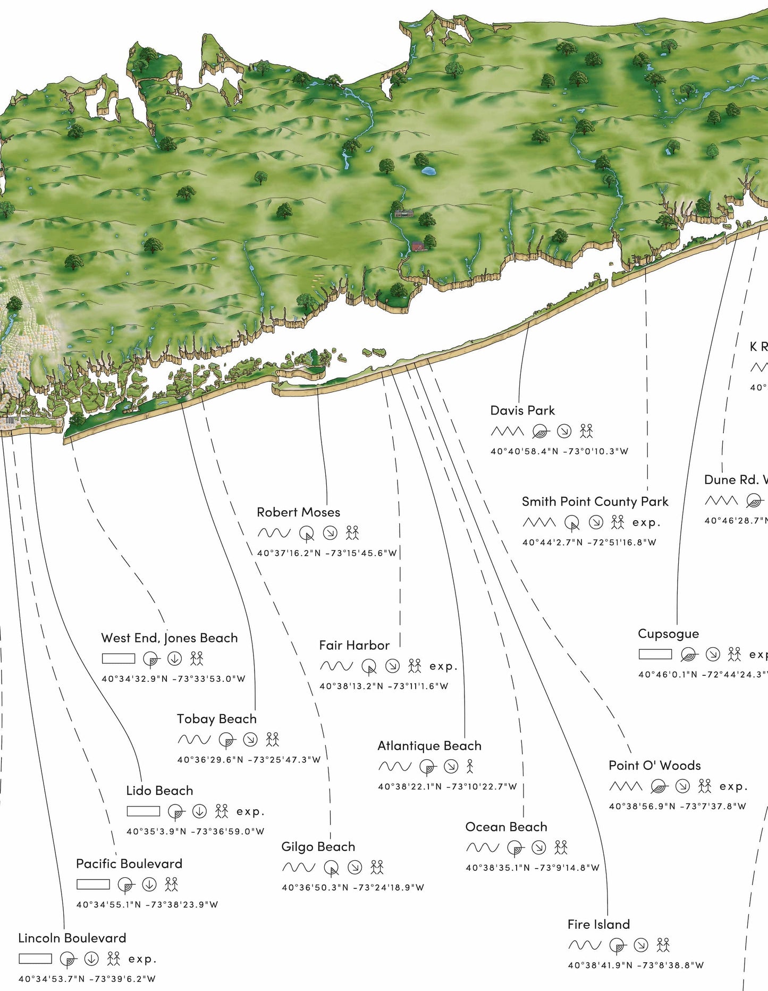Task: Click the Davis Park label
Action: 522,411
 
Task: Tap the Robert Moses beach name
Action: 298,512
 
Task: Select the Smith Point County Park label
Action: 595,502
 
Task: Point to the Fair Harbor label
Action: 354,645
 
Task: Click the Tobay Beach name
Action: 216,719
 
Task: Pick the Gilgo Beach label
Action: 318,846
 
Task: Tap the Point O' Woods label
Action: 654,765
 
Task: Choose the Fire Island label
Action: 598,924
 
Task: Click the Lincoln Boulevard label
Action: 72,938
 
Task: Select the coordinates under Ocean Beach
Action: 532,868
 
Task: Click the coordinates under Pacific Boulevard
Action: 147,904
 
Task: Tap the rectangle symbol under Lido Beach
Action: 143,811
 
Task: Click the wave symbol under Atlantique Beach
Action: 394,766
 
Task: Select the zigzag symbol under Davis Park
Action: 507,431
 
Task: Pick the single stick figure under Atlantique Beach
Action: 469,766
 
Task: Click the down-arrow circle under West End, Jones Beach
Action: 174,659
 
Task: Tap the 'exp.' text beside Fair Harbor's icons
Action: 443,666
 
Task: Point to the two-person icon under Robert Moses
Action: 352,532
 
